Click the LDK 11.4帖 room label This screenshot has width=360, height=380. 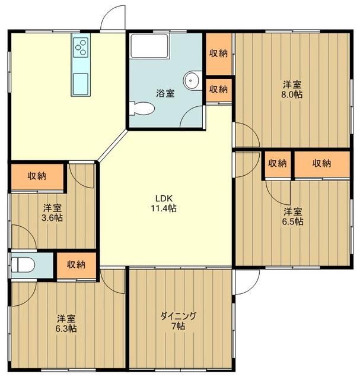pos(164,203)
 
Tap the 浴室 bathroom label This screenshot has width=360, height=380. pos(165,93)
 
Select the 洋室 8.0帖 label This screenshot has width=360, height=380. pos(292,90)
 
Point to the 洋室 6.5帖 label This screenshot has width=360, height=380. pos(293,216)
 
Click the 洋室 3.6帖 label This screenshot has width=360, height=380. pos(52,213)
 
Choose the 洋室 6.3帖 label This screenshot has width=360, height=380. pos(66,323)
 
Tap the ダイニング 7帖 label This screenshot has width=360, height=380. pos(179,321)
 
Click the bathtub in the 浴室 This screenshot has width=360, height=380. pos(149,46)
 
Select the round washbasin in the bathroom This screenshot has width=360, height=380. pos(192,81)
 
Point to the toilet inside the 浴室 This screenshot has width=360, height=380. pos(142,109)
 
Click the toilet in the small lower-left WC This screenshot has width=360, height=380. pos(23,265)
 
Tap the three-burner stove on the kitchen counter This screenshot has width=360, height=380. pos(81,47)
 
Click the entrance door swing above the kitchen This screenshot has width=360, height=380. pos(113,17)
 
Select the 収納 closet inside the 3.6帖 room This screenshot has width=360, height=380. pos(37,177)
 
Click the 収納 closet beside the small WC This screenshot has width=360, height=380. pos(77,265)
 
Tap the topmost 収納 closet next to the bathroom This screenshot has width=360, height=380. pos(219,53)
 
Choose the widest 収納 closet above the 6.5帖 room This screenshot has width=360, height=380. pos(322,164)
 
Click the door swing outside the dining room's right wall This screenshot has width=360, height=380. pos(247,281)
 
